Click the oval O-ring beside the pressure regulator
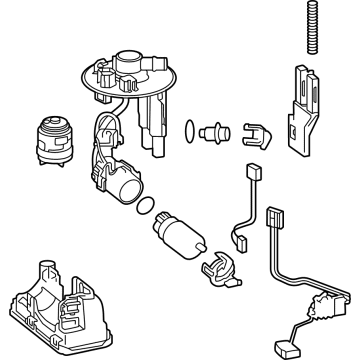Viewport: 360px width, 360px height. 188,129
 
